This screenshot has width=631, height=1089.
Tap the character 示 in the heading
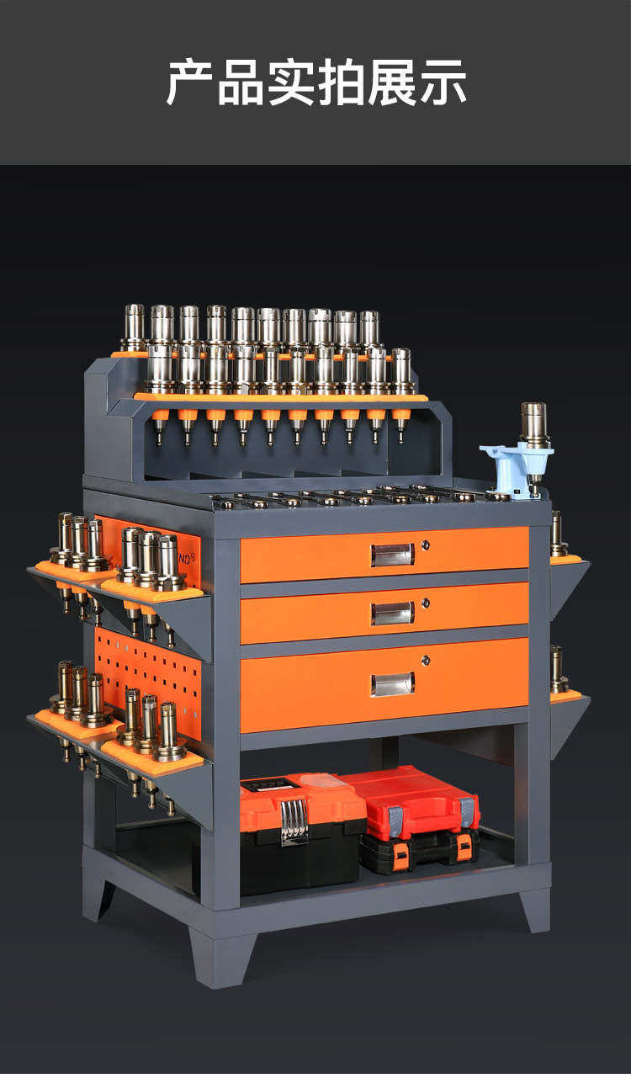tap(443, 82)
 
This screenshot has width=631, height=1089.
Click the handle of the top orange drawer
tap(392, 555)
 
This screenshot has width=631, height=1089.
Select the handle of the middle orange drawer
tap(392, 613)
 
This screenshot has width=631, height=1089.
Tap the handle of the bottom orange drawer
tap(392, 684)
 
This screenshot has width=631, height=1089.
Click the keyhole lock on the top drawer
tap(426, 545)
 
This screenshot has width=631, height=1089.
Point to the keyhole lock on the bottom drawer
tap(426, 660)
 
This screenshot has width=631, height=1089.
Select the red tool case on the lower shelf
tap(411, 801)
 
